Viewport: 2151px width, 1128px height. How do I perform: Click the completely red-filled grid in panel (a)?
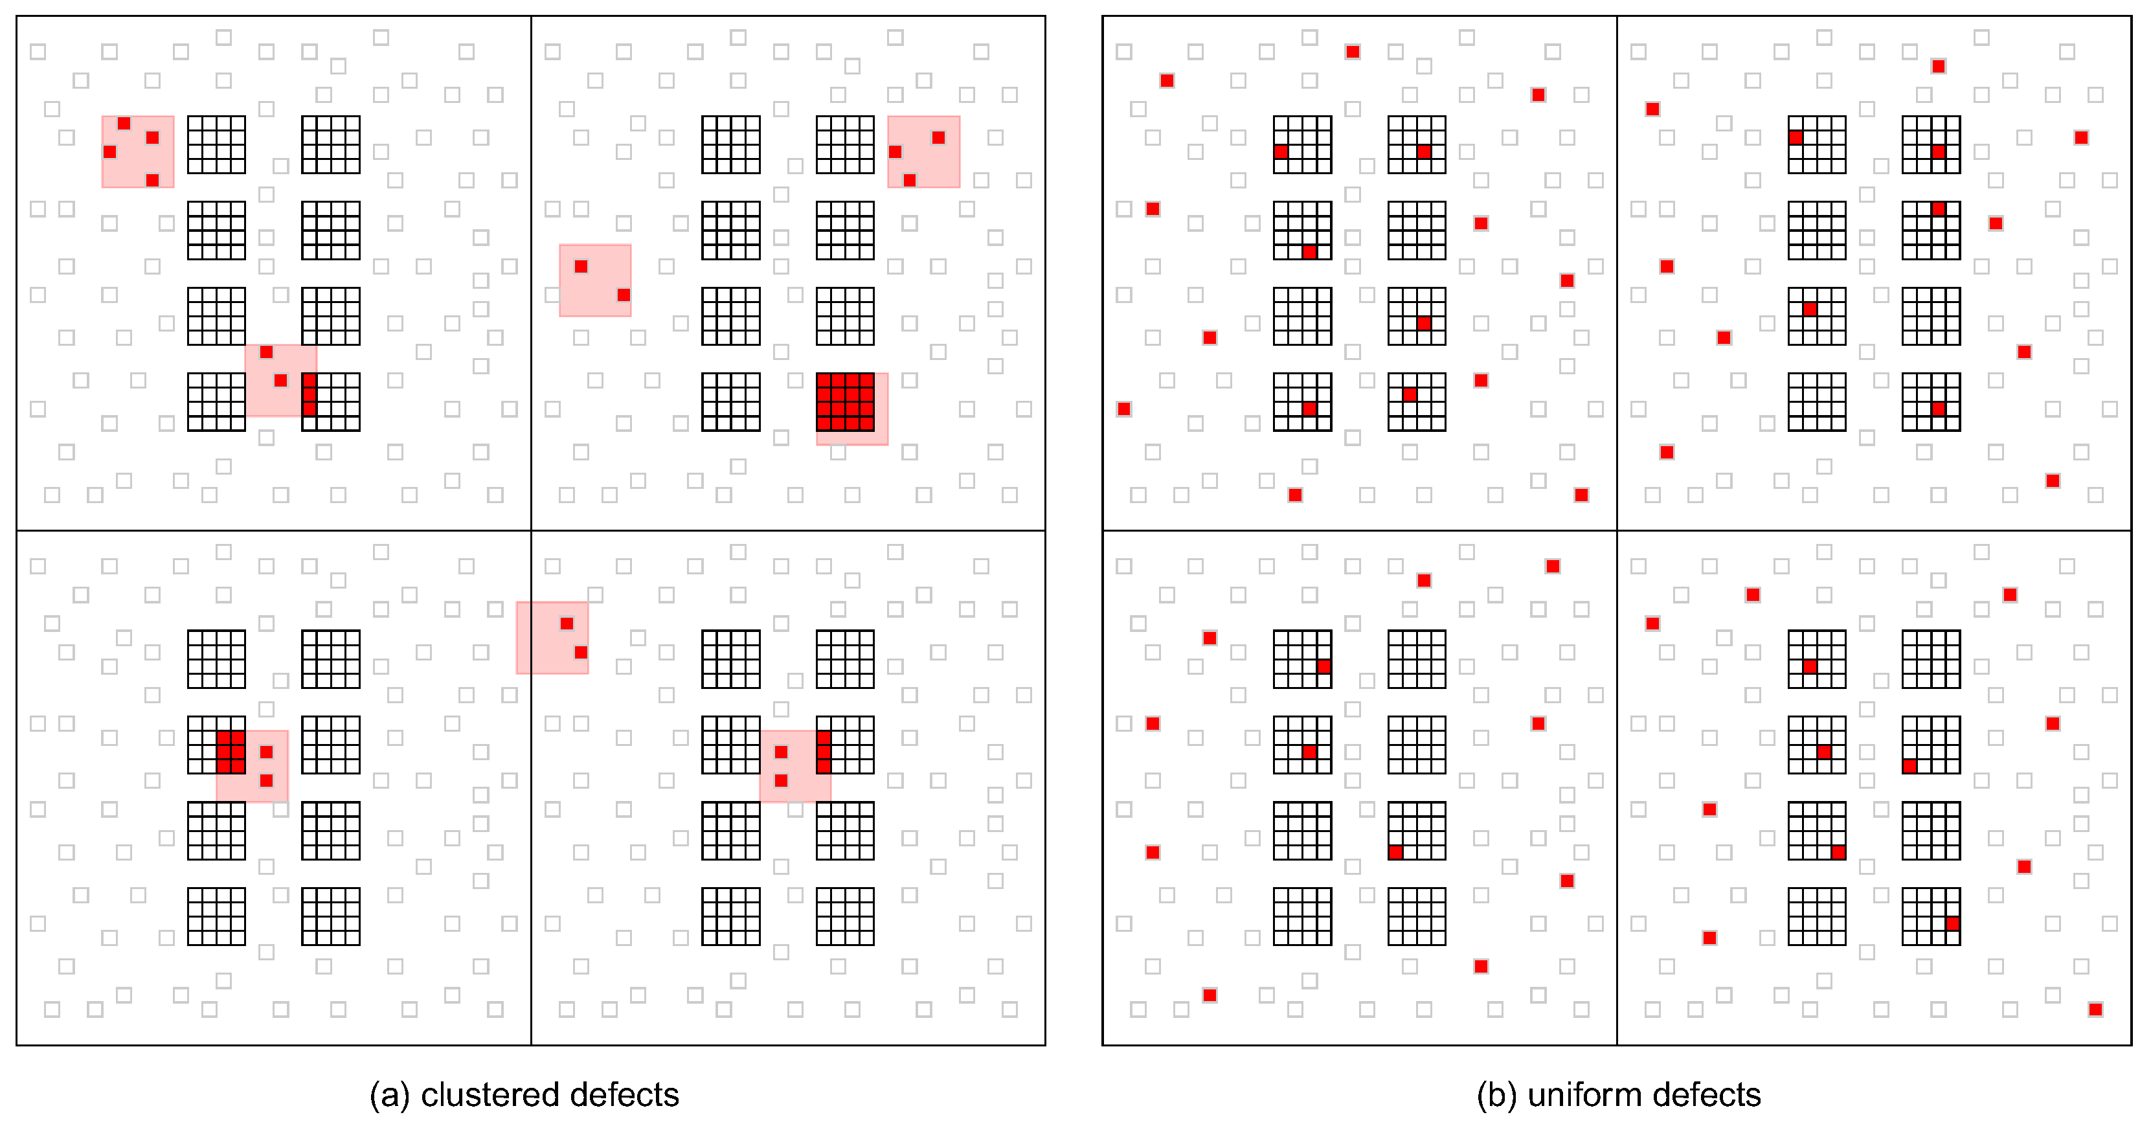[845, 401]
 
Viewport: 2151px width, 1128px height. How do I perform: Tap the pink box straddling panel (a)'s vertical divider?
[552, 638]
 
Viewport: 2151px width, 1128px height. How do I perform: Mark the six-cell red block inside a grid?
[231, 752]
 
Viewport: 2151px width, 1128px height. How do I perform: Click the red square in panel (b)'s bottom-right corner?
[2095, 1010]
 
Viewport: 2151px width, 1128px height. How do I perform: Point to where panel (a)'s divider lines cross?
[531, 530]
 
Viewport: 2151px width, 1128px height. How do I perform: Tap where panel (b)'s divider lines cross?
[1617, 530]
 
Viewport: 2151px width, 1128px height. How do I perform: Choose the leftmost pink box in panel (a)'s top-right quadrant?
[594, 280]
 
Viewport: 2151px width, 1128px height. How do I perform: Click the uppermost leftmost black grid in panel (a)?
[216, 144]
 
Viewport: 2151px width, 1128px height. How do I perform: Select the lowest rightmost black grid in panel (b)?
[1931, 916]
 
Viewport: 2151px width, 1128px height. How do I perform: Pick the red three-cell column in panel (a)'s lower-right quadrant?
[824, 752]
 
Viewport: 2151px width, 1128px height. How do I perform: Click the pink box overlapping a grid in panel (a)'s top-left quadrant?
[280, 380]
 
